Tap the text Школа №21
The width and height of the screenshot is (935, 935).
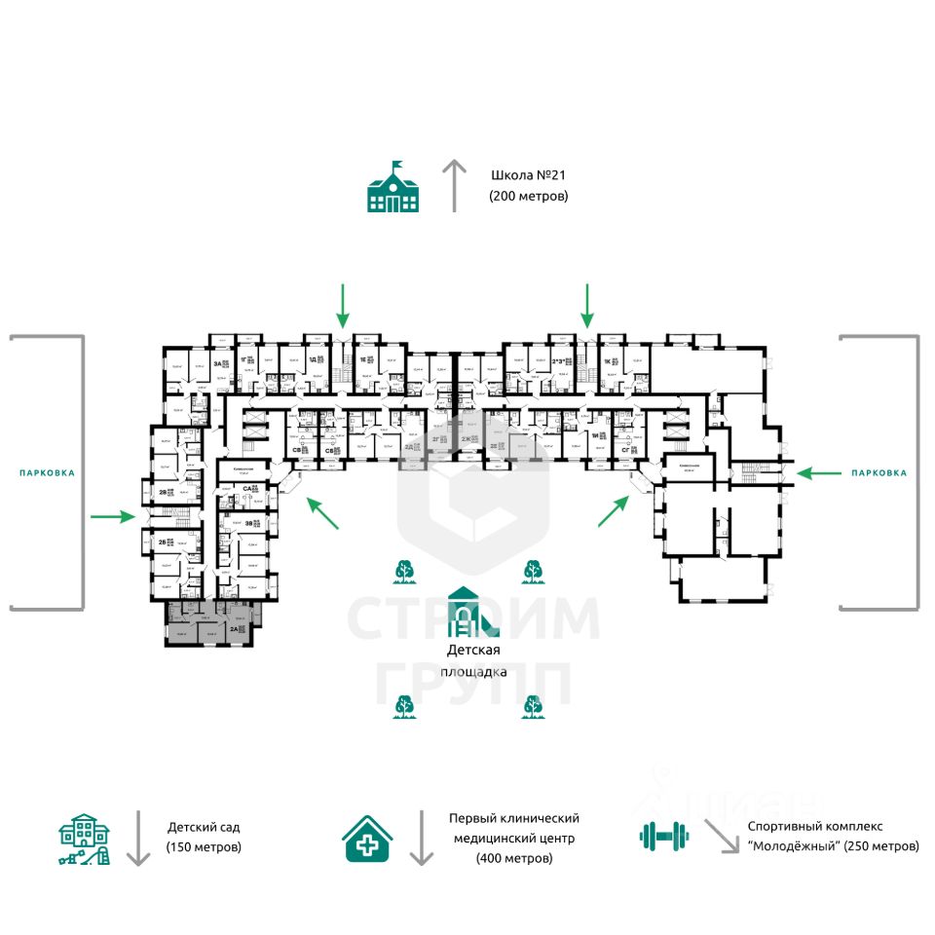point(529,175)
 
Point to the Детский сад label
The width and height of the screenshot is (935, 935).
point(204,827)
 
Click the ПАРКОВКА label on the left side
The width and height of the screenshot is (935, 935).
point(47,472)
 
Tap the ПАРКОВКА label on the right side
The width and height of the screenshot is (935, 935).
point(879,472)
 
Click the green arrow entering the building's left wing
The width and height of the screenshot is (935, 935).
point(114,516)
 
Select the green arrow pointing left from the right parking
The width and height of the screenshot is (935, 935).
point(818,473)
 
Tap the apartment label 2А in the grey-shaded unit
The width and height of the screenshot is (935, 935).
point(235,629)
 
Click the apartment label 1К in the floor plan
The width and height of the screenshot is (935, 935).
point(606,360)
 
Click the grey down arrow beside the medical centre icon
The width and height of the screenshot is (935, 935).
point(421,838)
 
